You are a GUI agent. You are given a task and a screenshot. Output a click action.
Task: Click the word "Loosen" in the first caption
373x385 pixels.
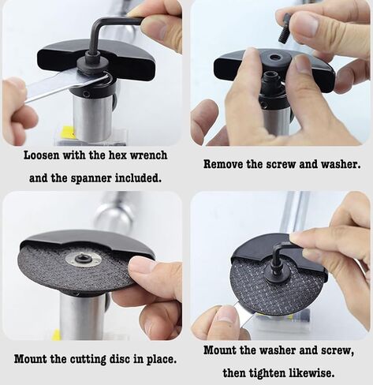pos(41,155)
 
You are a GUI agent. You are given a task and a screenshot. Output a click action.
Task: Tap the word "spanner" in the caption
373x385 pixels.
pos(93,178)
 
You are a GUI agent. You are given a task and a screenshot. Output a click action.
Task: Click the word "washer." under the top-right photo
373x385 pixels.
pos(341,164)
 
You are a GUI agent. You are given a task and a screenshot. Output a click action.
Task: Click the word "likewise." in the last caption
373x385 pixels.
pos(312,372)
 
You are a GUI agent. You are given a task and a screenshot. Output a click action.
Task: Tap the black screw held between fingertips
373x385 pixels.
pos(285,28)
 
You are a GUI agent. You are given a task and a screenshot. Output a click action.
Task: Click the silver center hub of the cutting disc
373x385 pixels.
pos(84,259)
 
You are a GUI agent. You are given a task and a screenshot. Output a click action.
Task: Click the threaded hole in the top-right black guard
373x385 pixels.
pos(274,57)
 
